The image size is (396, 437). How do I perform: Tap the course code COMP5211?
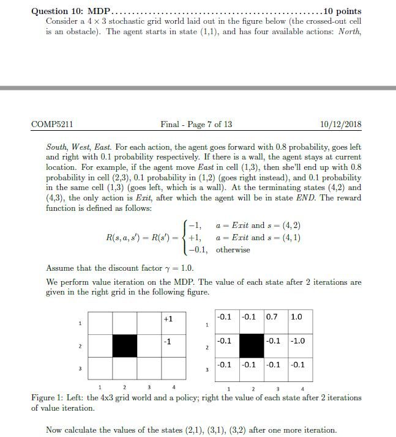pos(52,125)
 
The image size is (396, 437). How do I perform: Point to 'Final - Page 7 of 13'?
pos(196,125)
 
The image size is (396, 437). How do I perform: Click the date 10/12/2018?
pos(340,125)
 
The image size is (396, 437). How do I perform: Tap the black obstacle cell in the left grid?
pos(124,346)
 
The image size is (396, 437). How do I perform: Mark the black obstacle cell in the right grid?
pos(252,346)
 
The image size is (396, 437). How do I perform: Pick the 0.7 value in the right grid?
pos(272,317)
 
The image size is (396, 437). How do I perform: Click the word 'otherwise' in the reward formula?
pos(233,249)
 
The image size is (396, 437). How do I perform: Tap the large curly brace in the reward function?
pos(184,237)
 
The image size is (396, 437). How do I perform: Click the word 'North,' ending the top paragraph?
pos(348,31)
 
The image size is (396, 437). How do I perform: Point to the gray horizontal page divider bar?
pos(198,88)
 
